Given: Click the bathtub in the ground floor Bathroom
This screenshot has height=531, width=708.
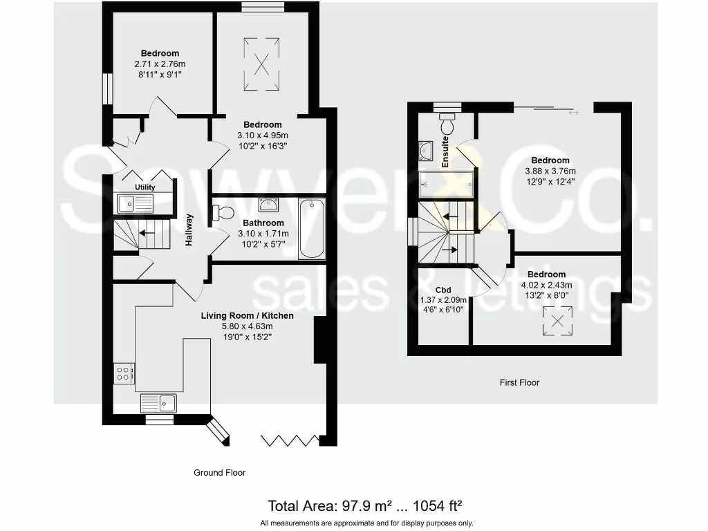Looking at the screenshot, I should [x=312, y=230].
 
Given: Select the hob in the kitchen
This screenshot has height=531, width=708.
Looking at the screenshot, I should [x=124, y=373].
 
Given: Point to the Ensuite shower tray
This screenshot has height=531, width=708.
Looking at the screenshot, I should [x=447, y=185].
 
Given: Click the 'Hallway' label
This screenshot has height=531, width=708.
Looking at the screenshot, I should [x=189, y=230].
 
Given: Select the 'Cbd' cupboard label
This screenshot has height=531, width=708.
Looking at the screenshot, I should [x=443, y=290].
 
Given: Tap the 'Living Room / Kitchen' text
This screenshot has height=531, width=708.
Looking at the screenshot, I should [x=247, y=316].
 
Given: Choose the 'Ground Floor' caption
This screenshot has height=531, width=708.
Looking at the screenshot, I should [x=219, y=473].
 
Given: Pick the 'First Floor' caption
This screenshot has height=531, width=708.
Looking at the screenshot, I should [x=519, y=382].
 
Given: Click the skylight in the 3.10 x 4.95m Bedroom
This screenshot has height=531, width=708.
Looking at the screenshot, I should [x=262, y=64].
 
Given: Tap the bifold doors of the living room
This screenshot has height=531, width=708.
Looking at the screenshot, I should [x=290, y=440].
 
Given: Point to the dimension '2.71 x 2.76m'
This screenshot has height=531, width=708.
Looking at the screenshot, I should [x=160, y=64].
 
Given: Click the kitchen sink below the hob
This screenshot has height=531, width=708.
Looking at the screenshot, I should [x=159, y=402].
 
